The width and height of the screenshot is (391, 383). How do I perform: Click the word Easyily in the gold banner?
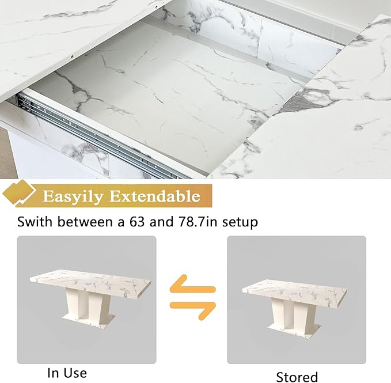coord(73,196)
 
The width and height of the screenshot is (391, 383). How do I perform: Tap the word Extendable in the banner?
coord(155,196)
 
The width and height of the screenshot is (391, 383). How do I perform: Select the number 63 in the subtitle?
coord(137,221)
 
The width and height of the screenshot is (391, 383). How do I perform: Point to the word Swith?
coord(35,221)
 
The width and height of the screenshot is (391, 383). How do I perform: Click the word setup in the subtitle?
coord(240,222)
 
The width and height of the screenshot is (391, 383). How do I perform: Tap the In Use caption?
coord(67,373)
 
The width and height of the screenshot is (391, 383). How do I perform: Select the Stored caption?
coord(297,377)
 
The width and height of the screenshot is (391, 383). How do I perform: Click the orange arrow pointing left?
coord(192,284)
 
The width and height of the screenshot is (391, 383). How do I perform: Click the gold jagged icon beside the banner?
coord(18,193)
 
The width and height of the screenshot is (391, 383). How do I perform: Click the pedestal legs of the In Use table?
coord(89,303)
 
